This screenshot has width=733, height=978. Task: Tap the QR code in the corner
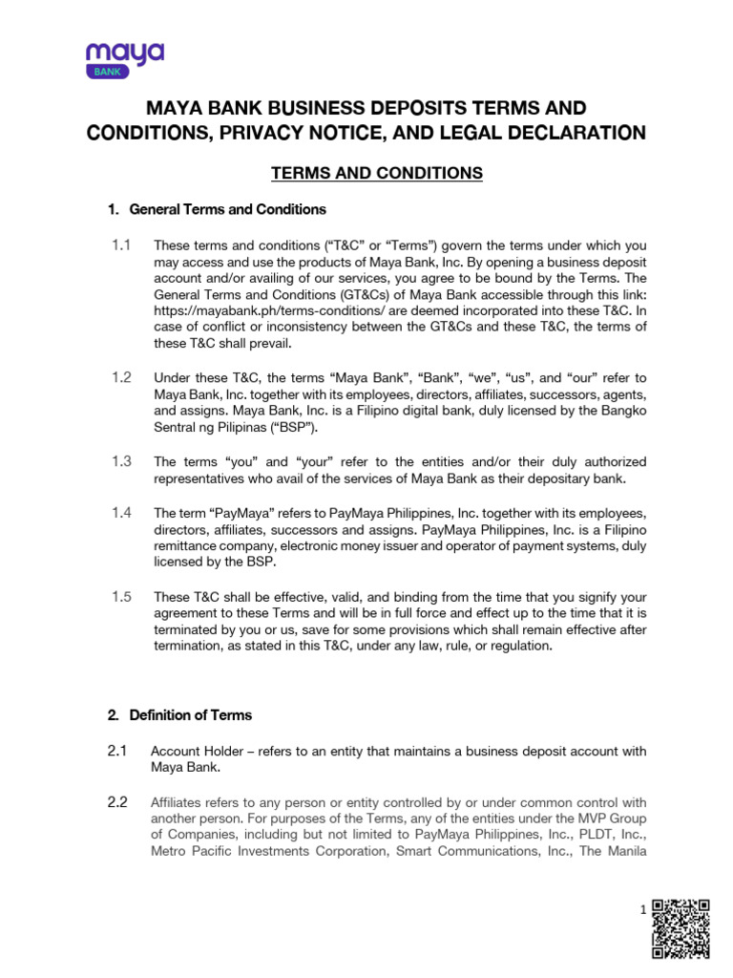click(x=681, y=928)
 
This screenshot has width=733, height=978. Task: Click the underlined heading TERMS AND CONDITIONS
click(x=365, y=173)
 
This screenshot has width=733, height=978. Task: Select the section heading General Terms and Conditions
click(x=227, y=209)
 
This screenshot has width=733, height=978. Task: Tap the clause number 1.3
click(x=120, y=461)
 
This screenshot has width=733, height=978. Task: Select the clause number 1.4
click(x=120, y=513)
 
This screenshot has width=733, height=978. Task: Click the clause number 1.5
click(x=120, y=596)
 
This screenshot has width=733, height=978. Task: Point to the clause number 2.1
click(x=117, y=751)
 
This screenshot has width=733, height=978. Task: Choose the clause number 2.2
click(x=117, y=802)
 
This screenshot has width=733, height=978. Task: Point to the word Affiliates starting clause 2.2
click(x=178, y=802)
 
